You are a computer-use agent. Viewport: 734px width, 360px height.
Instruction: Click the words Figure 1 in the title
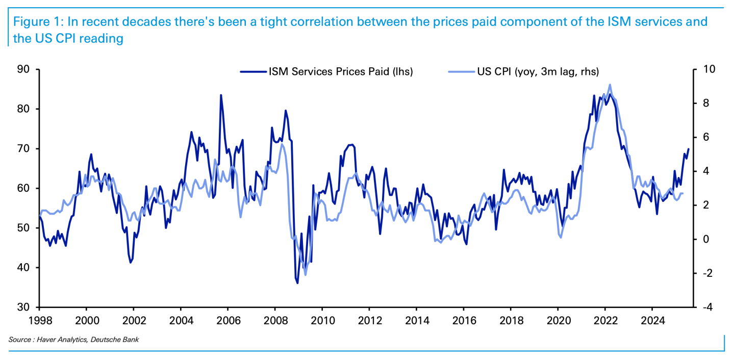click(34, 22)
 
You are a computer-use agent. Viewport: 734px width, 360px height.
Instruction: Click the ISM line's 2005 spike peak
click(221, 95)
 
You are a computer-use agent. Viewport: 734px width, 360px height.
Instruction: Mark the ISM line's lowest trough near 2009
click(297, 283)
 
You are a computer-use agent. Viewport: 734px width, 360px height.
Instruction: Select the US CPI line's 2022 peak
click(610, 85)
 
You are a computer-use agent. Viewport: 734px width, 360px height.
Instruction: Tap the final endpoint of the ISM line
click(689, 149)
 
